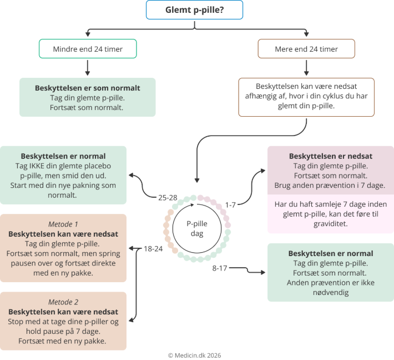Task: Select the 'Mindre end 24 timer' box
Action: [88, 49]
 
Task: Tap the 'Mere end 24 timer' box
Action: [306, 49]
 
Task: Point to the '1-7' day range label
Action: [230, 204]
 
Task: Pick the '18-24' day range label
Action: [153, 248]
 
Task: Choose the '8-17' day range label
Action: [220, 268]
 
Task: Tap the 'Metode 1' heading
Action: [64, 224]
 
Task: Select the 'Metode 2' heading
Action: [64, 302]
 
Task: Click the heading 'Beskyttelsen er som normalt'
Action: [88, 88]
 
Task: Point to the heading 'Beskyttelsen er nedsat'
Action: [330, 156]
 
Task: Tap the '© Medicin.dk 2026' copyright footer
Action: [197, 355]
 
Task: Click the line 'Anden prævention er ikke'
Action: [330, 283]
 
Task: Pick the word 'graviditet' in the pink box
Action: [330, 223]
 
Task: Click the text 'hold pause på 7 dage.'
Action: [63, 331]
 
